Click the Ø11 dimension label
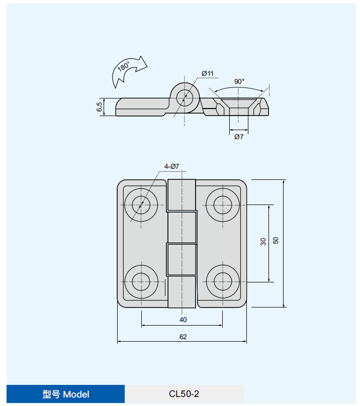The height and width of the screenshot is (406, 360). (207, 74)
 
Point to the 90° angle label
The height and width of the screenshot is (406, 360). (239, 81)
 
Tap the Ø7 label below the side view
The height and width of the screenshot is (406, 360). (238, 136)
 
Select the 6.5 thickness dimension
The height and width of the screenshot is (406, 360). (100, 107)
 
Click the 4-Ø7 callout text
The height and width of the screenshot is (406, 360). (171, 166)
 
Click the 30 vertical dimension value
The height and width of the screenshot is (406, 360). (263, 242)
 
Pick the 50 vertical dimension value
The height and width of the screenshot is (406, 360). (276, 241)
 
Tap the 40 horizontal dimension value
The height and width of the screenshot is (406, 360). (183, 320)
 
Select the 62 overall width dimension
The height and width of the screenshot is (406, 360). (183, 337)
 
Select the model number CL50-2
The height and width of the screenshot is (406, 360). (184, 394)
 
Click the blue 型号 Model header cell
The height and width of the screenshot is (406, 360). (65, 394)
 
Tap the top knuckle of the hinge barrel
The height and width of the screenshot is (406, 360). (182, 195)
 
